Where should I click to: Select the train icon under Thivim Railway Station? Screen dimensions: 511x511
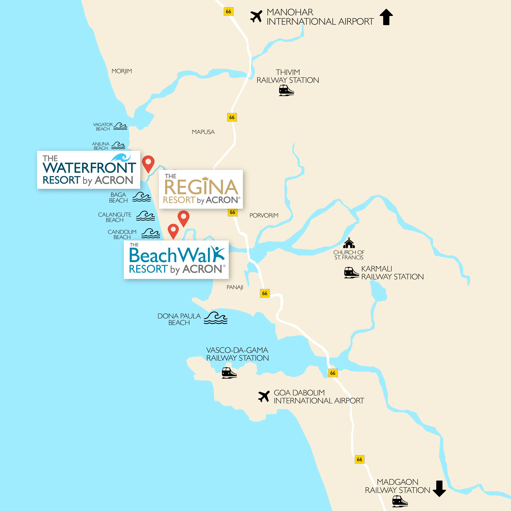click(x=287, y=91)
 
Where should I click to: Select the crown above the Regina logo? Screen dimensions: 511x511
click(x=205, y=179)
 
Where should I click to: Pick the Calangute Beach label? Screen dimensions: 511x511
click(x=115, y=217)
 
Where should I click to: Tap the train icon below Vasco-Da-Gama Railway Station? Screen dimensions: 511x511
click(x=229, y=373)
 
